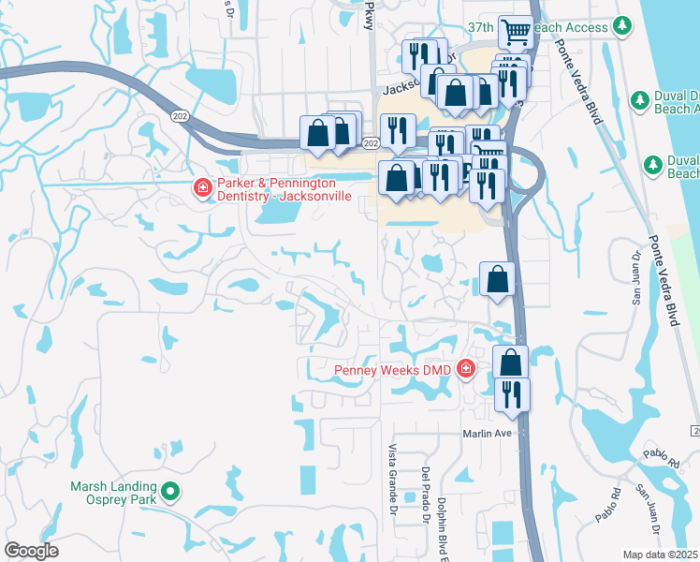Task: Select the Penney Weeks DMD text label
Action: pos(395,370)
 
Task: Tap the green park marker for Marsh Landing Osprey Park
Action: pos(169,491)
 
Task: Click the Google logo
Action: pos(31,551)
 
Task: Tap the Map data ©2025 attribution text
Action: pos(661,555)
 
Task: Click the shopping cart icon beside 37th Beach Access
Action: pos(515,32)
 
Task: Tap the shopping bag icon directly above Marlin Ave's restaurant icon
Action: pos(510,362)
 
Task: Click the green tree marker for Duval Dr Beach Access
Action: pos(640,98)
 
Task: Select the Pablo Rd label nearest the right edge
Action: pos(661,459)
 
